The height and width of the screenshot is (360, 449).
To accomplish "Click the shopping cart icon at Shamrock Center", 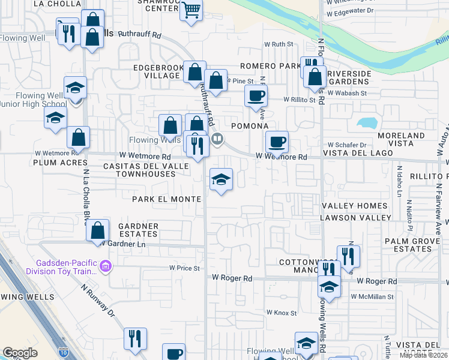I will (191, 10).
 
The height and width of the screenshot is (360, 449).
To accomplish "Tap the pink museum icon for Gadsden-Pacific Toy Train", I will (106, 265).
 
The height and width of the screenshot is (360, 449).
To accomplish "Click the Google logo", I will (20, 352).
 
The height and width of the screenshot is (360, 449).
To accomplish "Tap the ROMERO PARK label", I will (270, 65).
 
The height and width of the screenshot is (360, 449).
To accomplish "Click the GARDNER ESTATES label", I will (139, 230).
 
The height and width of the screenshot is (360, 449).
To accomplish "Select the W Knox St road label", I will (282, 313).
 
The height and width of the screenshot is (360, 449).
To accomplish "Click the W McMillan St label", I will (373, 296).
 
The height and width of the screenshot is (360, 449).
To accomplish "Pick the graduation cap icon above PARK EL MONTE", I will (221, 179).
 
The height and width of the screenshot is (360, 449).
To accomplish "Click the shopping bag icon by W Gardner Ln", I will (97, 230).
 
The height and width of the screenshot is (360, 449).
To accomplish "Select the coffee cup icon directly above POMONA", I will (256, 95).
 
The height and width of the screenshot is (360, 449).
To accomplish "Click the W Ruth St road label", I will (279, 44).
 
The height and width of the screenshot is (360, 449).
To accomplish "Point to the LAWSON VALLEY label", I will (364, 218).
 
